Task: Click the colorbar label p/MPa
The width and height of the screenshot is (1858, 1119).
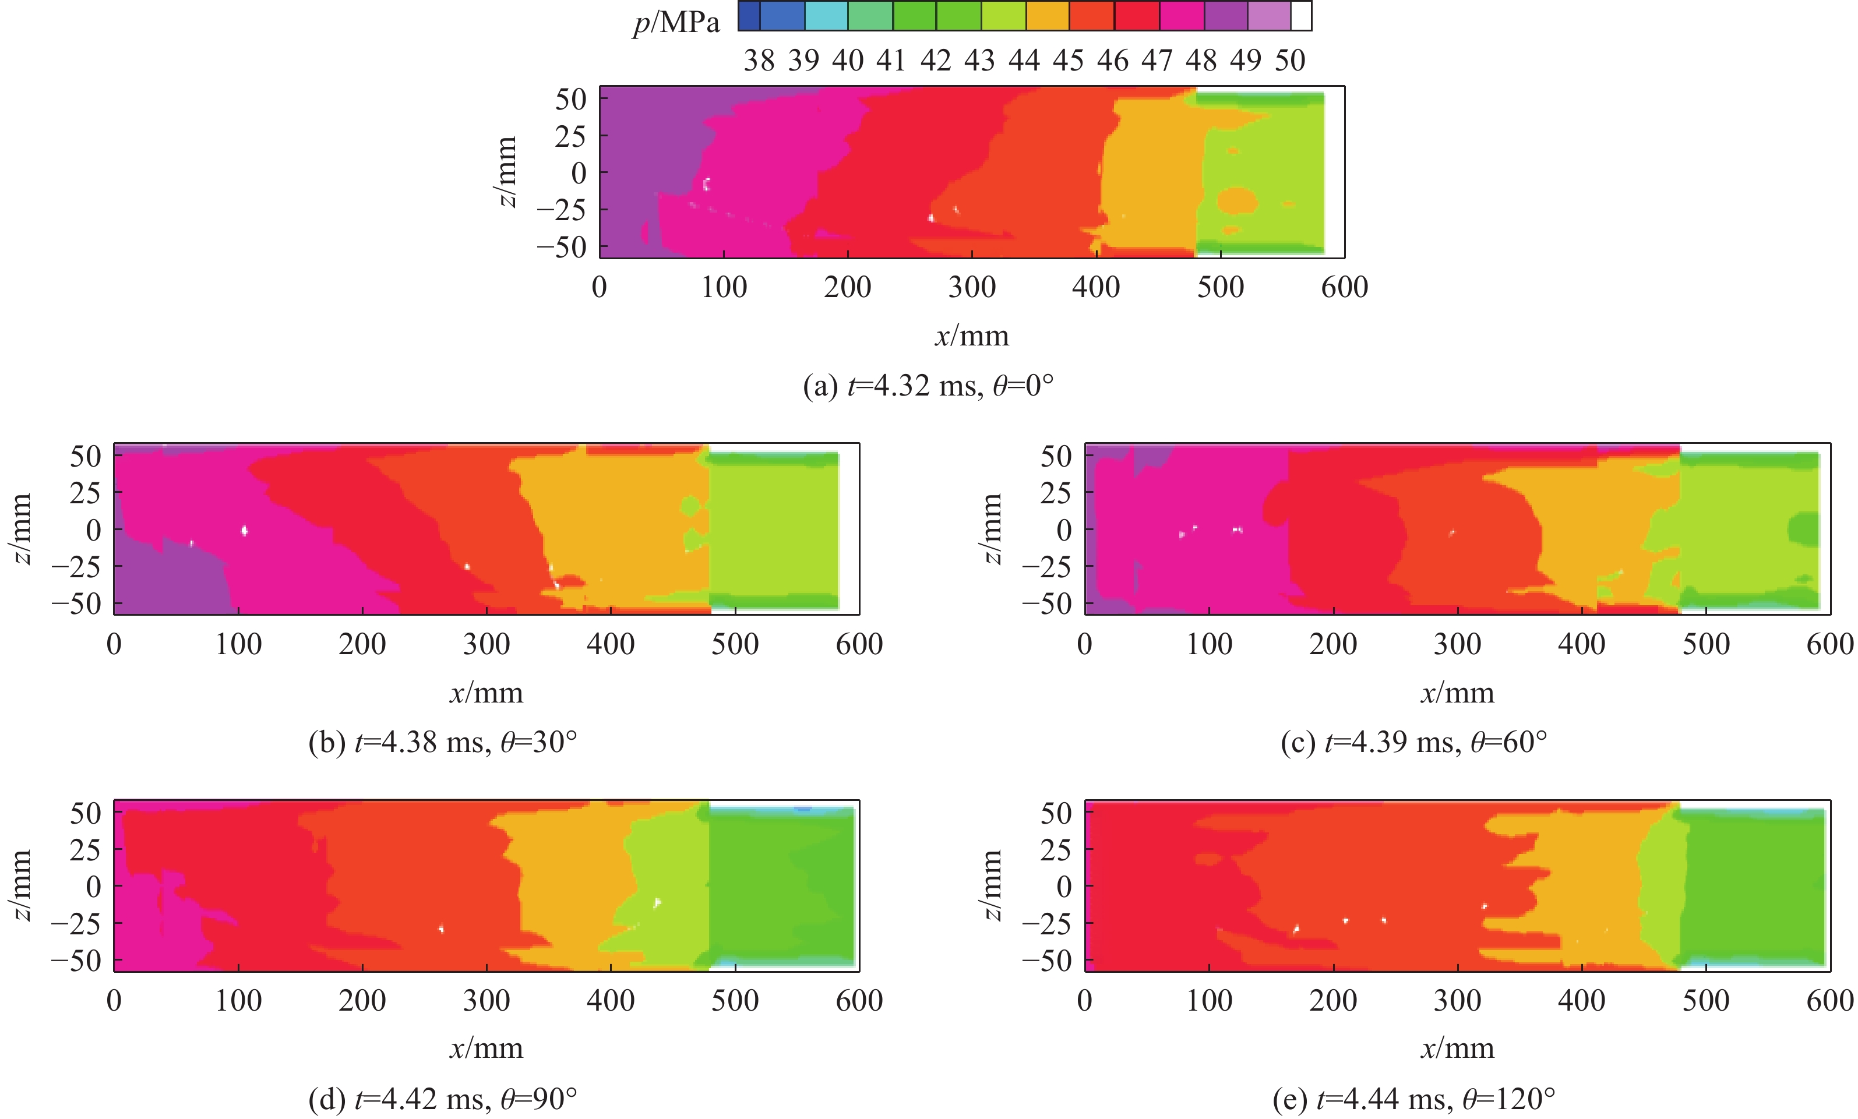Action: [676, 23]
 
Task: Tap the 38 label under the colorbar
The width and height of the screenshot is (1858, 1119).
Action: [759, 61]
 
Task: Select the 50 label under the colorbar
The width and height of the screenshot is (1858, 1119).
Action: [1290, 61]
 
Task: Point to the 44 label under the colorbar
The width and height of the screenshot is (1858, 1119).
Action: [1024, 61]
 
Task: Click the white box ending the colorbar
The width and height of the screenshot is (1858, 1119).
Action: [1302, 16]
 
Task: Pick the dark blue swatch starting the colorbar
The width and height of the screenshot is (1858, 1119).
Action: [749, 16]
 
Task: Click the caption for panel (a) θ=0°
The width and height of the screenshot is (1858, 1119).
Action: [928, 386]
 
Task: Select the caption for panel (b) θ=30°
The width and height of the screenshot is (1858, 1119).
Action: [443, 743]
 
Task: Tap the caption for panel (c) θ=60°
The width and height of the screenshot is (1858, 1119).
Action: [1414, 743]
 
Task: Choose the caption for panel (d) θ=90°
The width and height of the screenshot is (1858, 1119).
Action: [443, 1099]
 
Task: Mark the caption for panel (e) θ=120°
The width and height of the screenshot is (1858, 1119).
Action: [1414, 1099]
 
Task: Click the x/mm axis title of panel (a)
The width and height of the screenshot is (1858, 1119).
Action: [972, 336]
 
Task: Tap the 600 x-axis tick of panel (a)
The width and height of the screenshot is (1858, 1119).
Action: [1345, 287]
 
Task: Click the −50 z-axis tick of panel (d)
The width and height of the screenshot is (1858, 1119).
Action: [75, 961]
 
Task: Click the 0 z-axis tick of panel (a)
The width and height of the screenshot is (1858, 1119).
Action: [579, 174]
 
